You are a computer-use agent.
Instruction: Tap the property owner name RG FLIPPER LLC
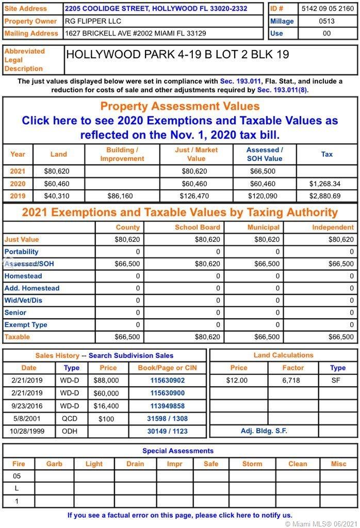93,21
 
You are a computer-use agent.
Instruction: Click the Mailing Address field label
31,34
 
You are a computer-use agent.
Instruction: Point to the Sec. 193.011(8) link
282,90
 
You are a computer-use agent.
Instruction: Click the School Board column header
197,227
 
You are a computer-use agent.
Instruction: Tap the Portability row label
21,252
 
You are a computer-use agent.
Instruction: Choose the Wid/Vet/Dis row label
23,300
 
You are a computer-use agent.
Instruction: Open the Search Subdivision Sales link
131,355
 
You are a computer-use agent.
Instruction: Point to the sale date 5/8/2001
29,419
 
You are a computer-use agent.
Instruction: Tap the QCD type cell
71,419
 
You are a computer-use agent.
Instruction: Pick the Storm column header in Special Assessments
252,464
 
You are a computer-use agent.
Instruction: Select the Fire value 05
17,476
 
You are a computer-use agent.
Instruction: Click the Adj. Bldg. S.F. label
264,431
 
